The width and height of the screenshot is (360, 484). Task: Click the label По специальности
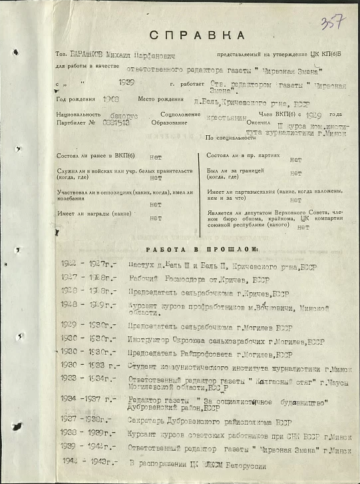tap(229, 137)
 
